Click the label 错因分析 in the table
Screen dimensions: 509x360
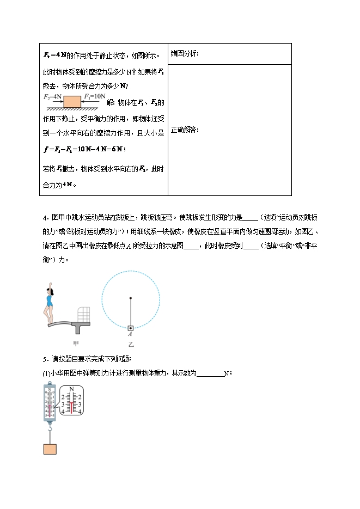pos(185,53)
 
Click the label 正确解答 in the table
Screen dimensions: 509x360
pos(185,130)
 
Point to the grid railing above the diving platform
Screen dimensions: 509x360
pos(83,314)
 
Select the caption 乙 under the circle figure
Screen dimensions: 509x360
pos(131,345)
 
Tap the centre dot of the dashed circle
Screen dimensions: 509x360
pos(131,298)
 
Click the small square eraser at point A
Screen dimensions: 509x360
pos(131,328)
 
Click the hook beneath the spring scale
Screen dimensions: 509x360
pos(50,431)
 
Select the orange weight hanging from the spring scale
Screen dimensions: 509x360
pos(50,449)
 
